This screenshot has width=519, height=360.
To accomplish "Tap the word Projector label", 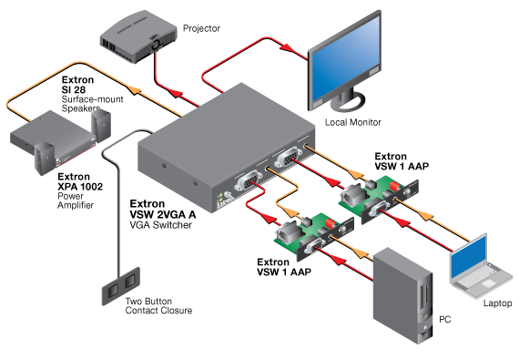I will coord(201,28).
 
